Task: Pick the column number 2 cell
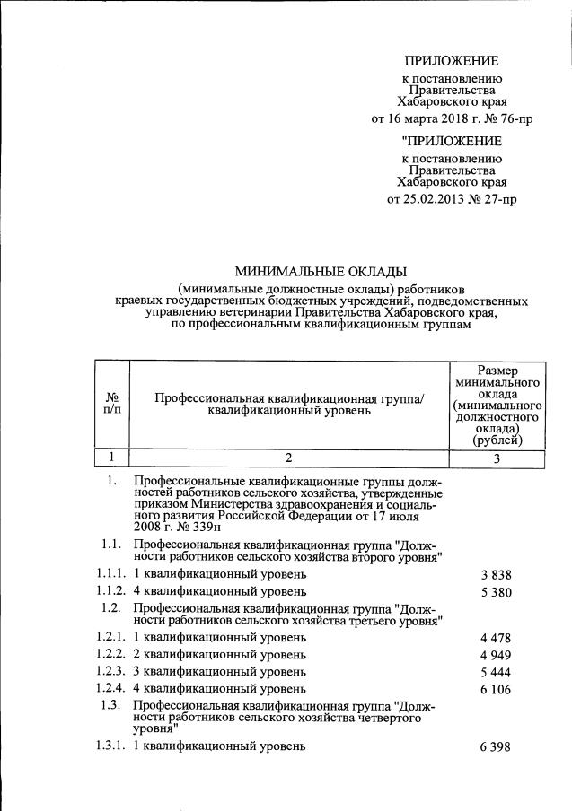(x=288, y=457)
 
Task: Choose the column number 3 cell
(x=497, y=457)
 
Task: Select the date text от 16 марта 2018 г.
(x=418, y=118)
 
